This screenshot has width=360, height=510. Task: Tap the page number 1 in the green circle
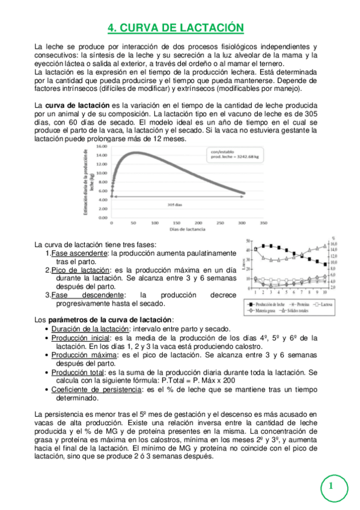point(331,485)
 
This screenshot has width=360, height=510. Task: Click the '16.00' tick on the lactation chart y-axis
point(102,146)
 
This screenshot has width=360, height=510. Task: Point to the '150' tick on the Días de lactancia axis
point(171,223)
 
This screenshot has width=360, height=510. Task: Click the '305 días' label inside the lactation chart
point(174,204)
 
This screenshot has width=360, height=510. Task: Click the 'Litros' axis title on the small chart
point(244,265)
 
